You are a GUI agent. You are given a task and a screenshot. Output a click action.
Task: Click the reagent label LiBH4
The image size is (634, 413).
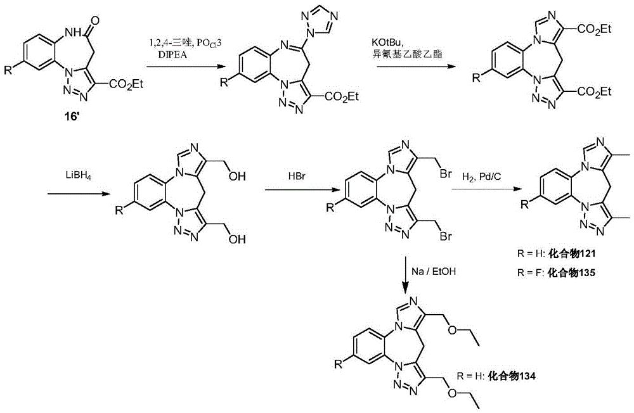point(75,176)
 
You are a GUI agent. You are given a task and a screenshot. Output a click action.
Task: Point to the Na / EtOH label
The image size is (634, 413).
point(434,271)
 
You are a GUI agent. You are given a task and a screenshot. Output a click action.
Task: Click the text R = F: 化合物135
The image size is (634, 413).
point(556,273)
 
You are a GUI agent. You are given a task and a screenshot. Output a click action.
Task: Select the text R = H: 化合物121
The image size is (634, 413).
point(556,254)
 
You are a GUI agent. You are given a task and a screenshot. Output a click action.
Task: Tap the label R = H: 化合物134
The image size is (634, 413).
point(496,376)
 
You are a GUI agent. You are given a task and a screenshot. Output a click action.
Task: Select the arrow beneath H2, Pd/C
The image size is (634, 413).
point(484,189)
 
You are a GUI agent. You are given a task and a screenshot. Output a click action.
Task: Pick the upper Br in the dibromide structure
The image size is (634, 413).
point(445,174)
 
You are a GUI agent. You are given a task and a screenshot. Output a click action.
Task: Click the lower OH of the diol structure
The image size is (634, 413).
point(236,239)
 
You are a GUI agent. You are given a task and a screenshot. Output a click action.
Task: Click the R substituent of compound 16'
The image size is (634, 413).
point(8,70)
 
